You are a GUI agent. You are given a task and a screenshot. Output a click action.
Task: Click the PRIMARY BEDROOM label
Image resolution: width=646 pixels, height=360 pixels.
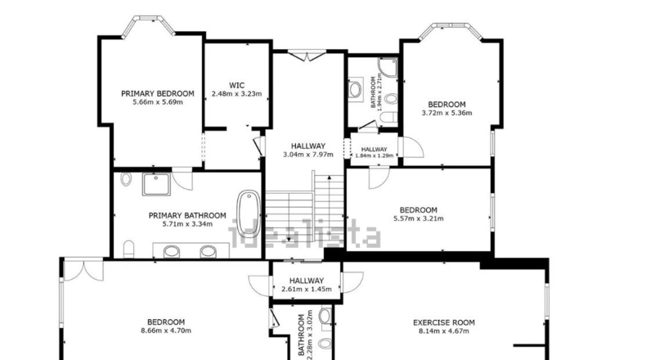157,93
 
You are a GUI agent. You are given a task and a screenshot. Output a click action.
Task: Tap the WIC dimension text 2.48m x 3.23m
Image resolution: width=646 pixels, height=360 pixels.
236,93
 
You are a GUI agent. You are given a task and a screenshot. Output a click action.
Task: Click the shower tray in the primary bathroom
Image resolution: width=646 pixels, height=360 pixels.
156,184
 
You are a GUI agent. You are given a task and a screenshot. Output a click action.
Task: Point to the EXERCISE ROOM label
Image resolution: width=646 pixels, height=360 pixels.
444,322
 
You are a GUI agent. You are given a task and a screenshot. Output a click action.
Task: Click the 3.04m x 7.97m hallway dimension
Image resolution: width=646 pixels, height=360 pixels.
308,155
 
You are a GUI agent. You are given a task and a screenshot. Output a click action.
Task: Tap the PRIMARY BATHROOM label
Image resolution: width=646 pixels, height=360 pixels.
187,216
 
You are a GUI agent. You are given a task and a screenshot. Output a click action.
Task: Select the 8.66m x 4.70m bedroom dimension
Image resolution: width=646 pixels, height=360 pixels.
166,331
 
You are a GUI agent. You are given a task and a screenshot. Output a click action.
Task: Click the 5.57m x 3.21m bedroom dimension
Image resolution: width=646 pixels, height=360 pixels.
419,218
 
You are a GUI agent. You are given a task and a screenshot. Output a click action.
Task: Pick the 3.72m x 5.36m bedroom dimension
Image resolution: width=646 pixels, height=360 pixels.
447,113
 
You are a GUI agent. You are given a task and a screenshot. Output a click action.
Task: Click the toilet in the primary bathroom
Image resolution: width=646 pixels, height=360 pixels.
128,249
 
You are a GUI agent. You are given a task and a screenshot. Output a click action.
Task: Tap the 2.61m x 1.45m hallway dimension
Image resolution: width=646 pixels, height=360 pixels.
307,289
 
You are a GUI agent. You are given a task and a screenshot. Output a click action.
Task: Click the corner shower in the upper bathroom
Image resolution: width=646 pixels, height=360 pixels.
388,68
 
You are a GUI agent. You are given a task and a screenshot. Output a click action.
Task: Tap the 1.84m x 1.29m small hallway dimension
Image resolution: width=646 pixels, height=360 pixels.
375,156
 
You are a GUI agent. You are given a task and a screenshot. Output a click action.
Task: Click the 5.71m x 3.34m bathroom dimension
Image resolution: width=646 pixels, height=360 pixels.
187,224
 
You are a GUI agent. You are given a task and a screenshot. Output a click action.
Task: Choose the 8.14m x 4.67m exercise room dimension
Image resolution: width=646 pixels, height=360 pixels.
444,331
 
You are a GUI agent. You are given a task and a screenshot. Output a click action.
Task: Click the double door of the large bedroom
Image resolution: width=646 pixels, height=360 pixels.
83,270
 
